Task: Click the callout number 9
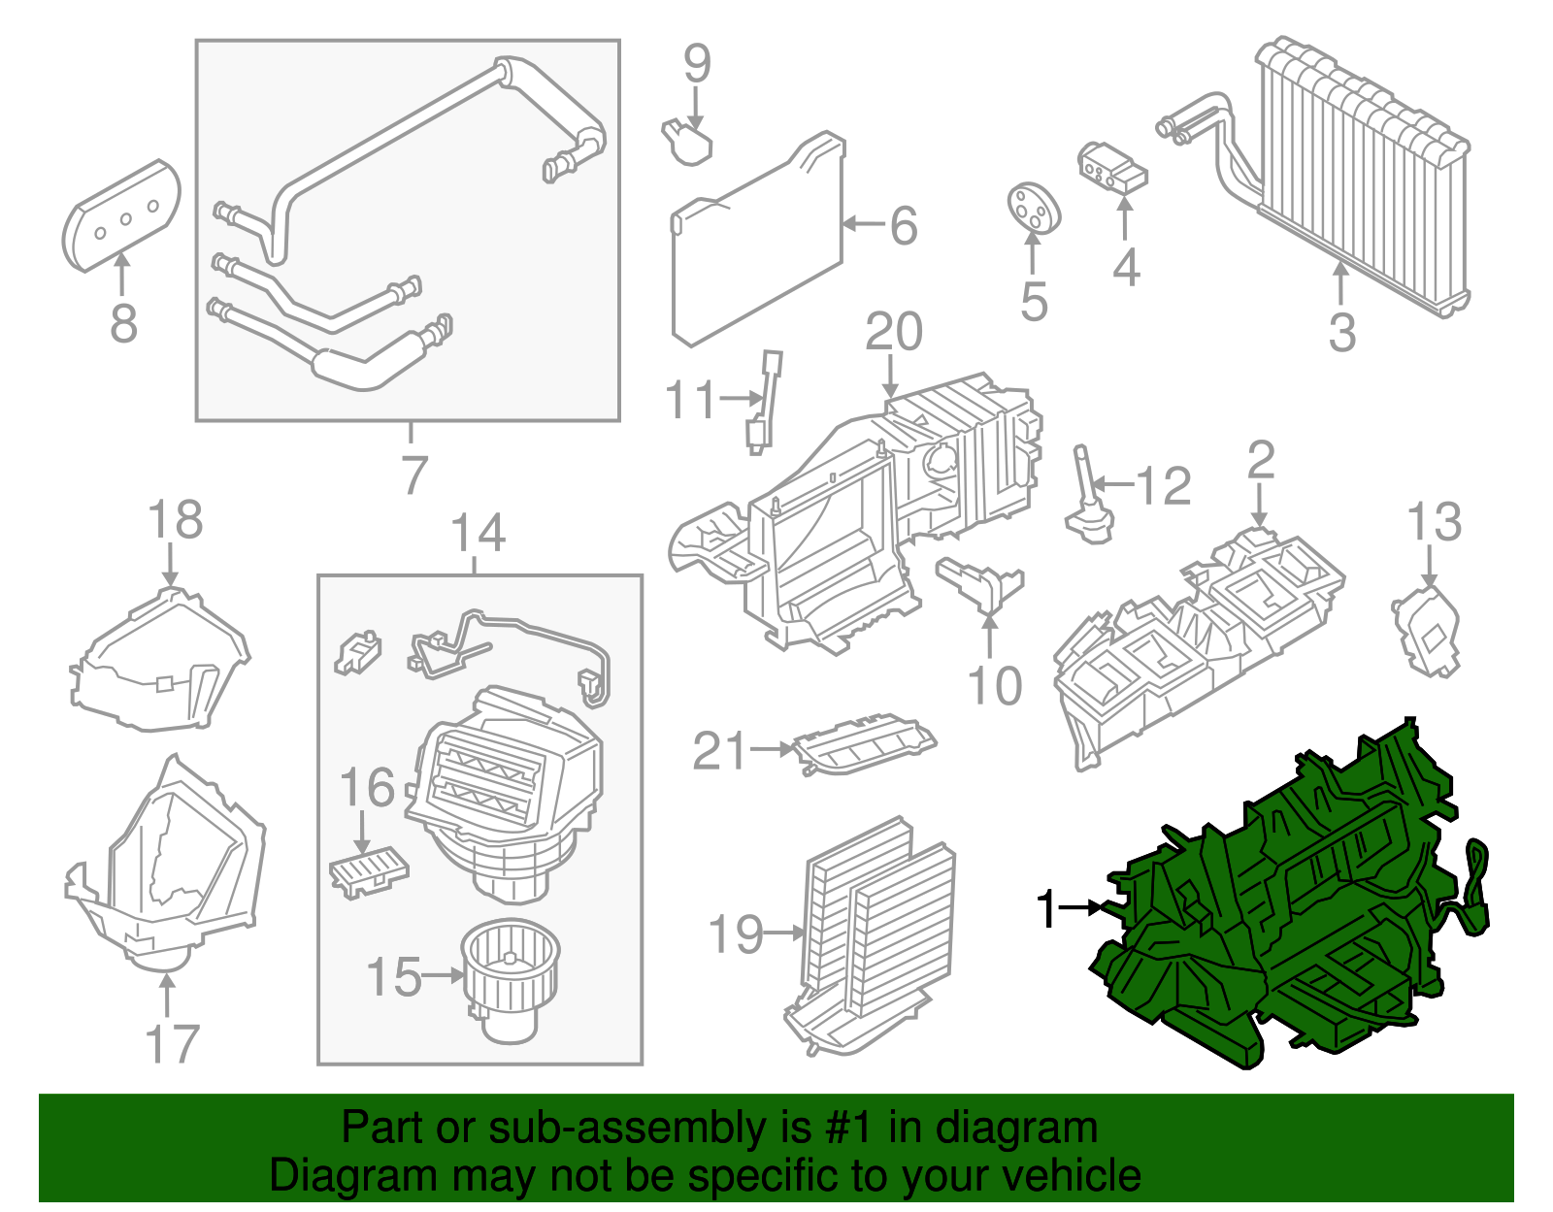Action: tap(697, 63)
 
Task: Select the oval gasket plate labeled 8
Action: tap(121, 215)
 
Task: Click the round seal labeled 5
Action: tap(1032, 208)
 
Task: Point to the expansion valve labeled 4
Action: tap(1112, 167)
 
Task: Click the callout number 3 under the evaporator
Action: tap(1341, 332)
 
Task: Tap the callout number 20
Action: tap(893, 333)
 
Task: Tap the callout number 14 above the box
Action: tap(479, 533)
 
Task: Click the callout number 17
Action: tap(172, 1044)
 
